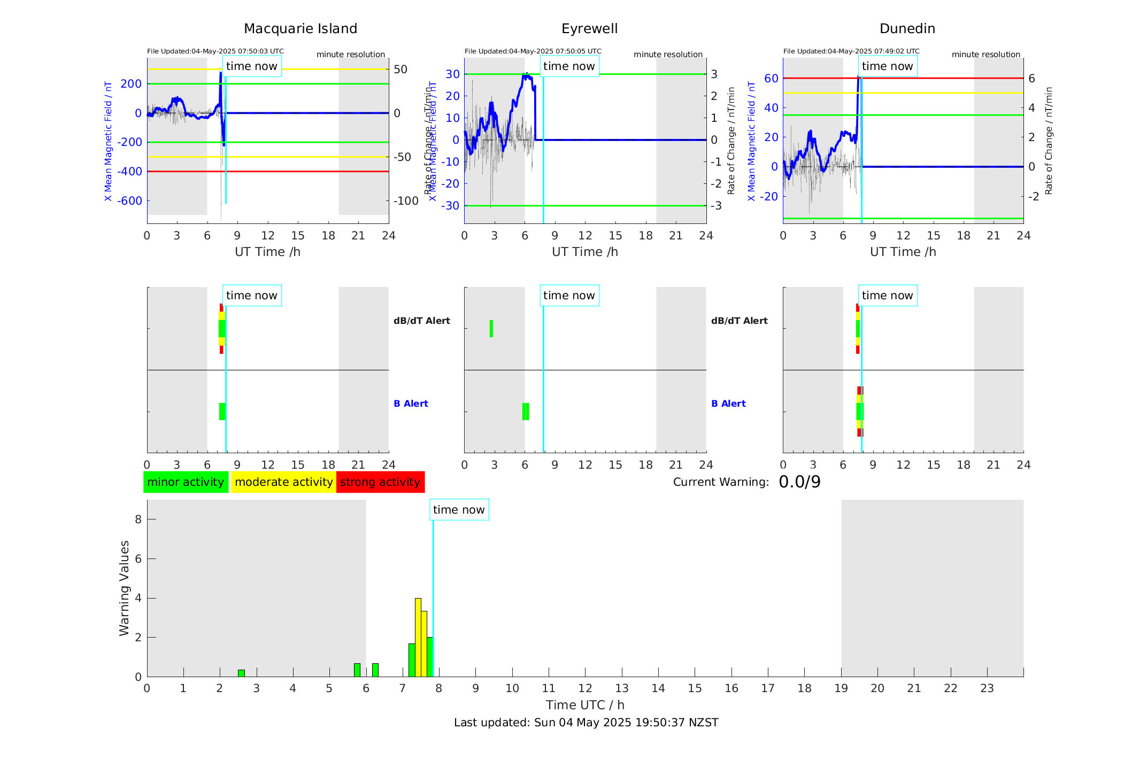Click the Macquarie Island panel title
tap(300, 29)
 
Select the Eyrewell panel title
tap(589, 29)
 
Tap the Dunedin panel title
tap(907, 29)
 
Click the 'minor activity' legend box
tap(186, 482)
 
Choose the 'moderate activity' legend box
tap(283, 482)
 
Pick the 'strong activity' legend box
tap(380, 482)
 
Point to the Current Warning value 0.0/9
tap(799, 482)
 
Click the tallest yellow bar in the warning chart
tap(418, 637)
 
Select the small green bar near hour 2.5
tap(241, 673)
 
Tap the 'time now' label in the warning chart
tap(459, 510)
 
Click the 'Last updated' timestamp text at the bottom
tap(586, 723)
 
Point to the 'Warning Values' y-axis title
tap(124, 588)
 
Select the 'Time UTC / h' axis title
tap(585, 705)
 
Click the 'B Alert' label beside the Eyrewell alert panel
tap(728, 404)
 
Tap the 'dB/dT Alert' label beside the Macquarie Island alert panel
tap(421, 321)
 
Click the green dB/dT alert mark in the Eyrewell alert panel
tap(491, 329)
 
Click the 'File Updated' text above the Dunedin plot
tap(851, 51)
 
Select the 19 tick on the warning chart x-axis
tap(841, 688)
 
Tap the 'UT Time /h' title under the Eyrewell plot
tap(585, 252)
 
